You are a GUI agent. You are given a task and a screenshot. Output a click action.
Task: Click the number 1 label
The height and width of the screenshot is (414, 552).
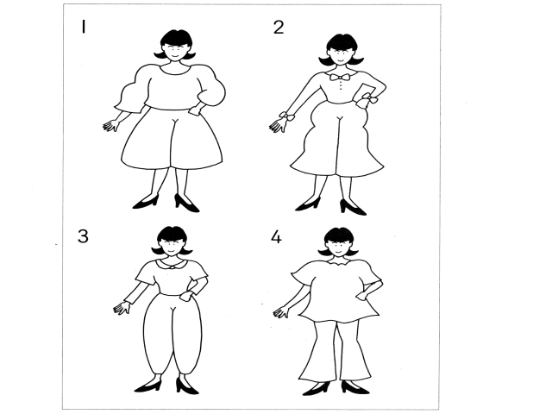tap(84, 27)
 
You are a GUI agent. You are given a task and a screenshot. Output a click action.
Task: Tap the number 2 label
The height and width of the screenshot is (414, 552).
tap(279, 27)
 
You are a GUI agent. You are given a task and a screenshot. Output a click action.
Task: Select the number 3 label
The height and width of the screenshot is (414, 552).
tap(83, 235)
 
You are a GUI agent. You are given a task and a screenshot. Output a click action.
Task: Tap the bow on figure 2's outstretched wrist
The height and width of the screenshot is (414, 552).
tap(286, 116)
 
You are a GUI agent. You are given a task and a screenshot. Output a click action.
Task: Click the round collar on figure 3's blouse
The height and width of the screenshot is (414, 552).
tap(171, 264)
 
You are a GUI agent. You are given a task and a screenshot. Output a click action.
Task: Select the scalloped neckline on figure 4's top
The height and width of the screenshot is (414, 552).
tap(338, 262)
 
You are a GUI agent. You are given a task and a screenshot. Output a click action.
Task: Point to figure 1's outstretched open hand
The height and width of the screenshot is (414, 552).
tap(111, 126)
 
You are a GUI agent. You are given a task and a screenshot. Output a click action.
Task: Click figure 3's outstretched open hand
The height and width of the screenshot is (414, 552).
tap(122, 308)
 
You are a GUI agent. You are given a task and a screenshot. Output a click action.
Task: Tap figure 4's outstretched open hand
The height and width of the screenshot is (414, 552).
tap(282, 312)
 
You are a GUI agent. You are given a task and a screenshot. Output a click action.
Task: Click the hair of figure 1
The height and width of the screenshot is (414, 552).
tap(175, 42)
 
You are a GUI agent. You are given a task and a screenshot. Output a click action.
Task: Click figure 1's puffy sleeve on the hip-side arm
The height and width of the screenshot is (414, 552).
tap(210, 85)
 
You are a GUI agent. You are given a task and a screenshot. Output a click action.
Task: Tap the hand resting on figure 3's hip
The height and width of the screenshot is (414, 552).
tap(186, 295)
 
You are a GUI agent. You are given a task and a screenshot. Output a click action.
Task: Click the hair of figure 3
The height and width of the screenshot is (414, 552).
tap(172, 237)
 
